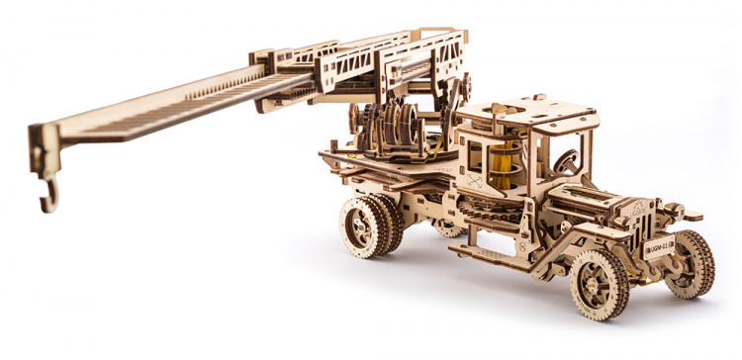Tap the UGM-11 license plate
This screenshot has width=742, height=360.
(659, 248)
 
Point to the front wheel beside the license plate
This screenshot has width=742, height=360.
(691, 263)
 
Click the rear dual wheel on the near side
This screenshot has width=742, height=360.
(364, 226)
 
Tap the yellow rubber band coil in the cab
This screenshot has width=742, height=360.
(504, 162)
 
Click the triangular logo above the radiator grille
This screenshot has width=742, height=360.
(638, 205)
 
